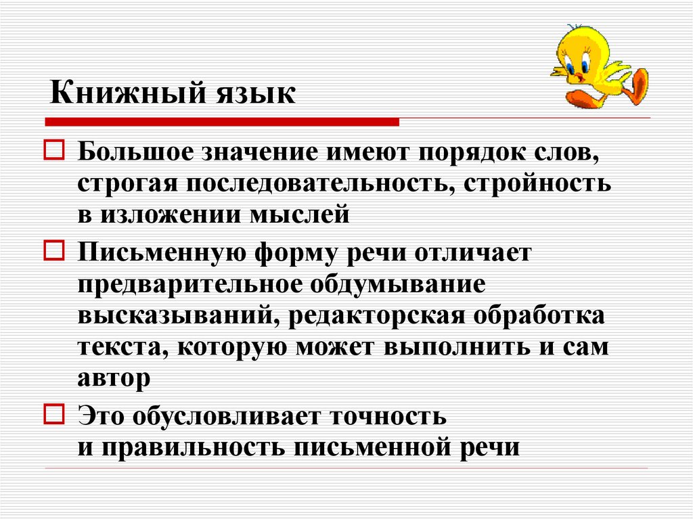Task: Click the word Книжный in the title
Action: [x=127, y=93]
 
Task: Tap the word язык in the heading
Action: [x=256, y=95]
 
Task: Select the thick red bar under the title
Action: [x=222, y=122]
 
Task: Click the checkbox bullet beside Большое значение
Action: [x=54, y=150]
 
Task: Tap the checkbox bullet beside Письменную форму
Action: [x=54, y=250]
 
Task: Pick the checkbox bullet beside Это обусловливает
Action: [x=54, y=414]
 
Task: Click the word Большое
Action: [x=135, y=152]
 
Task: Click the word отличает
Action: [x=472, y=254]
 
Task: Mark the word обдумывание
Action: [x=397, y=285]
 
